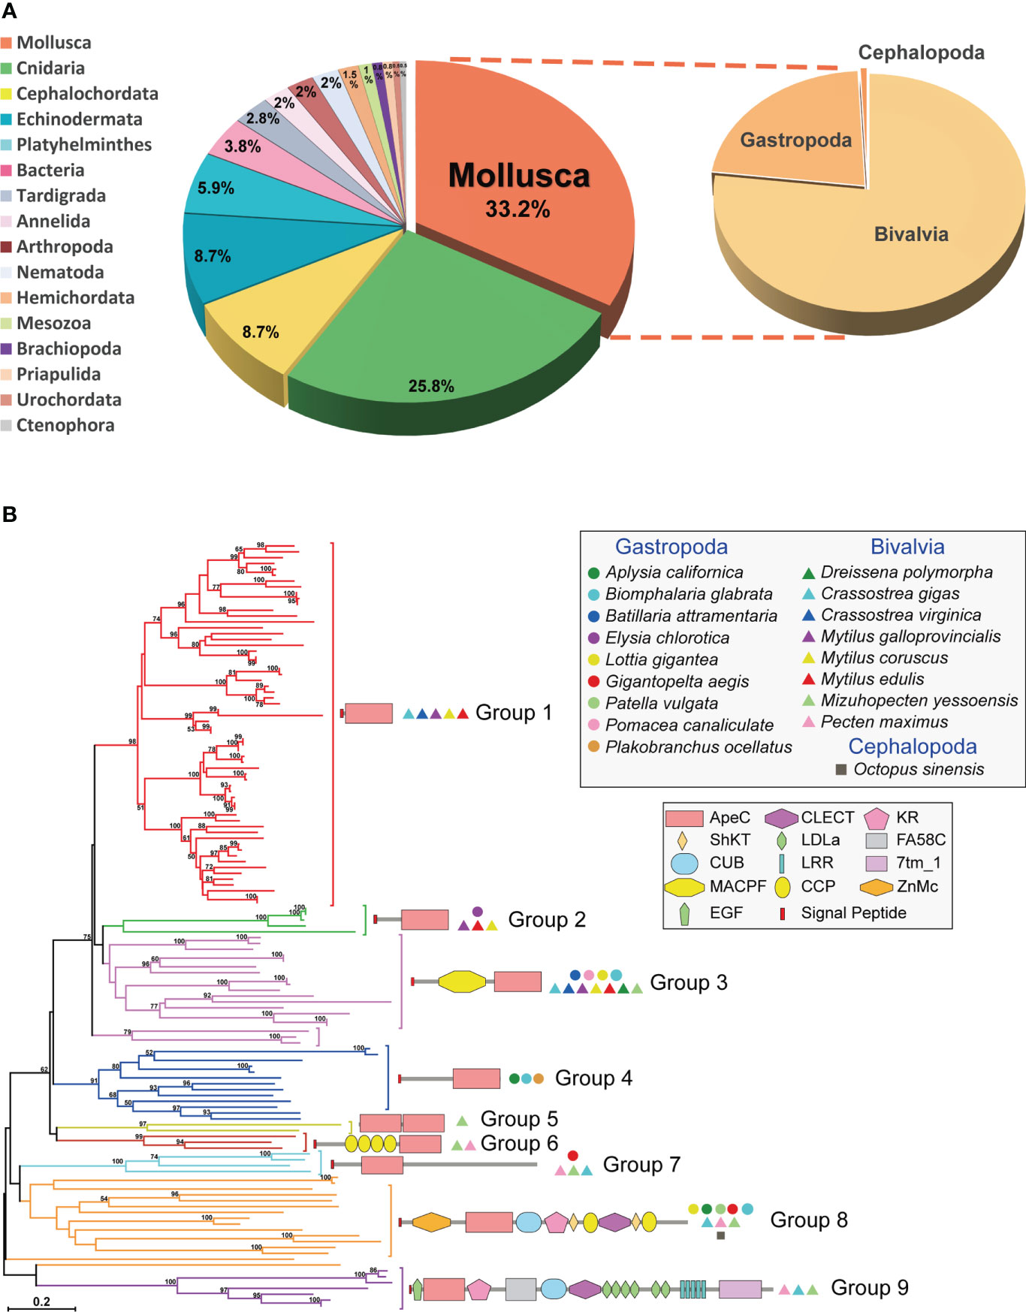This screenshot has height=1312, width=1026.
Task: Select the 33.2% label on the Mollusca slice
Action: click(x=517, y=209)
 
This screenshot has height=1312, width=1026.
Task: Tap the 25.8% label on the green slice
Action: click(x=431, y=386)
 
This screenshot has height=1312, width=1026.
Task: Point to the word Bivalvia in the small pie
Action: click(x=910, y=234)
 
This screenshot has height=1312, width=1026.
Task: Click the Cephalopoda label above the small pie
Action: click(x=921, y=53)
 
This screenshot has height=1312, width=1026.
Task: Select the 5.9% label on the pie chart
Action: click(x=216, y=189)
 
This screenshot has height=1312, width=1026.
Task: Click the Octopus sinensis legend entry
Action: click(x=918, y=769)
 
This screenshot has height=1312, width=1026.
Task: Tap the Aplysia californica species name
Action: click(x=674, y=572)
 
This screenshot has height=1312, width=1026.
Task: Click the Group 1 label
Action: click(x=514, y=712)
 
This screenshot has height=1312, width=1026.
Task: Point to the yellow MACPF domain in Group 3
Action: click(x=462, y=982)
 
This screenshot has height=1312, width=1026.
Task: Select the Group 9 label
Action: click(x=869, y=1287)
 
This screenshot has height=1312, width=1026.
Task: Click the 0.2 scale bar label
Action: click(x=41, y=1301)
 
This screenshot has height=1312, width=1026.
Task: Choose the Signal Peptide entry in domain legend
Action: click(x=852, y=912)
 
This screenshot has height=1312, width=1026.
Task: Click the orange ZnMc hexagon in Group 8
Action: click(x=431, y=1222)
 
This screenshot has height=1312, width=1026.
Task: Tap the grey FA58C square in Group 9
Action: click(x=521, y=1289)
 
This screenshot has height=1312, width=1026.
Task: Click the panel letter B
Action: click(x=10, y=514)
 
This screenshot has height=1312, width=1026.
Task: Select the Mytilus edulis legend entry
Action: click(x=871, y=679)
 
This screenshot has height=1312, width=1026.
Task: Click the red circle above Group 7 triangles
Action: click(x=572, y=1156)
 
